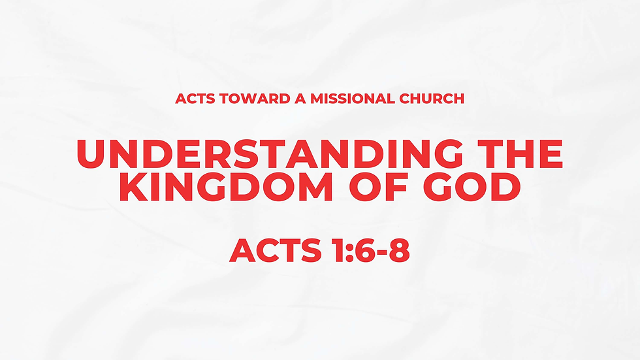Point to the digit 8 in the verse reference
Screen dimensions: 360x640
pos(398,251)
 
